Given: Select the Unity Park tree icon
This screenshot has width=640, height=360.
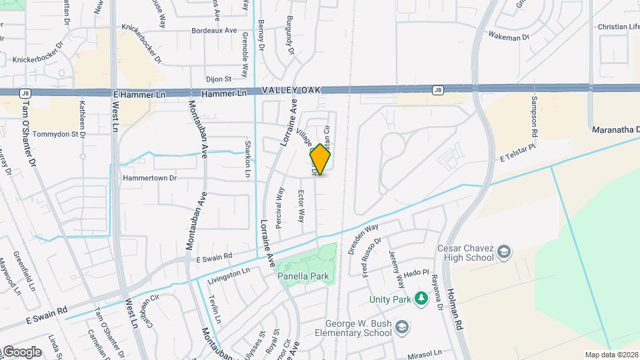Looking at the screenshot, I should [x=421, y=297].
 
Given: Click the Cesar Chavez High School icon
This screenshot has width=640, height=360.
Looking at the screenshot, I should [x=505, y=252].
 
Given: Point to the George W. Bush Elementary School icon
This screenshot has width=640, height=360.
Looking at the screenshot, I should [x=401, y=327].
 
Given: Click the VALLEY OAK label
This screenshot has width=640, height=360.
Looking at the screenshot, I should [x=291, y=90].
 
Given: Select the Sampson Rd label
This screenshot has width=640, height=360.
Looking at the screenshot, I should [x=534, y=114].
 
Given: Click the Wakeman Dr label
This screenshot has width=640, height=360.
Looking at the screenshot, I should [x=509, y=37].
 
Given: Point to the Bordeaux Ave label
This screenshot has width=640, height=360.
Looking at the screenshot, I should [x=214, y=31].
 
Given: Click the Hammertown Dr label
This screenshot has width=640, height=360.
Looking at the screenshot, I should [x=149, y=179].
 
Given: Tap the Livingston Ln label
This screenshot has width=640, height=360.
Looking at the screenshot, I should [x=228, y=271].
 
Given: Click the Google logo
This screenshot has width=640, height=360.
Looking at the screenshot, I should [x=22, y=352].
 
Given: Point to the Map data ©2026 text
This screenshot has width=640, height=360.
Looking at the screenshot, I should [x=611, y=355].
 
